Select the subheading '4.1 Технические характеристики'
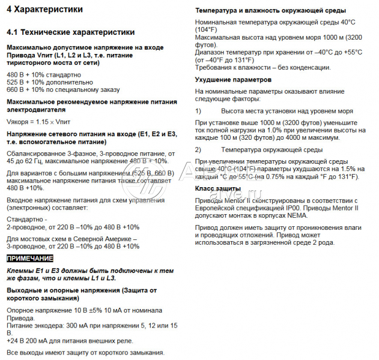point(70,32)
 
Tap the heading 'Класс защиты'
point(217,189)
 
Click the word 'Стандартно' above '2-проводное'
point(26,220)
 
